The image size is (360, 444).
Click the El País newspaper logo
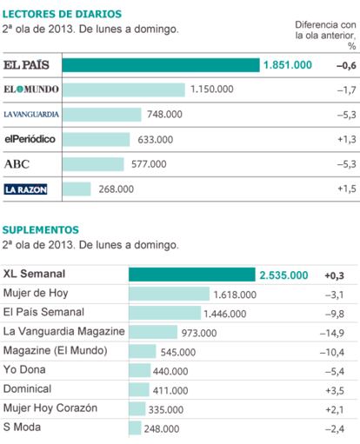[x=26, y=65]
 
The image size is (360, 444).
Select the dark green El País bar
[x=161, y=65]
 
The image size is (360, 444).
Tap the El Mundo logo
[x=31, y=89]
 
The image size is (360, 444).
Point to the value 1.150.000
[x=212, y=89]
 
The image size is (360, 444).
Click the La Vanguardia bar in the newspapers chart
[x=102, y=115]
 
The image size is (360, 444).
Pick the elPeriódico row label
[x=30, y=139]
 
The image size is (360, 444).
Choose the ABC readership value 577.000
[x=149, y=164]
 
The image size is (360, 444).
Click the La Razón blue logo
[x=25, y=189]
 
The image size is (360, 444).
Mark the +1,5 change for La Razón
[x=347, y=189]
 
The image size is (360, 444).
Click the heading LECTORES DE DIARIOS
[x=62, y=14]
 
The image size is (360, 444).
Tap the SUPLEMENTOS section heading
[x=41, y=229]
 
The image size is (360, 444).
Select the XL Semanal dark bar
[x=192, y=275]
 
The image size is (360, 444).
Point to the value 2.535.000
[x=283, y=275]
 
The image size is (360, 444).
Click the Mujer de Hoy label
[x=36, y=293]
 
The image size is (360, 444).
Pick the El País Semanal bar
[x=164, y=313]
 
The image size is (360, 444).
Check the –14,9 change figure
[x=332, y=333]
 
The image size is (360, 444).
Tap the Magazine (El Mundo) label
[x=55, y=350]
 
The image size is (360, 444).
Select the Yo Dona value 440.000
[x=170, y=371]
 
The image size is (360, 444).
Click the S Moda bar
[x=135, y=428]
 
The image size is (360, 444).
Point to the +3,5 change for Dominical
[x=335, y=390]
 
